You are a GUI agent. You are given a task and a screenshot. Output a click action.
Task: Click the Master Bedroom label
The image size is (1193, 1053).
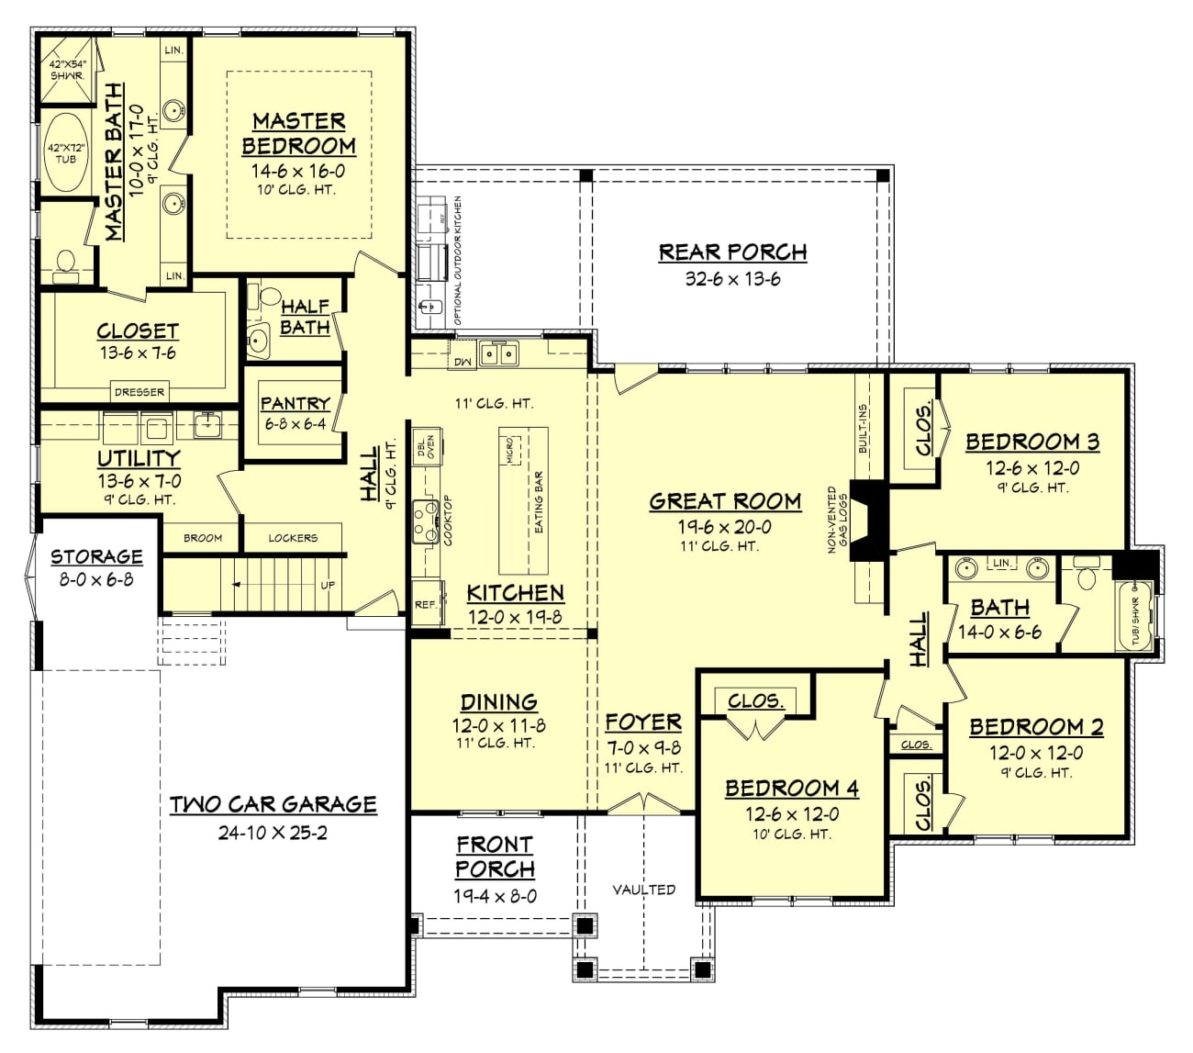298,133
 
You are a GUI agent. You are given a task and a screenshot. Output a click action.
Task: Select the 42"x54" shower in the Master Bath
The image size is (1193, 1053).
67,71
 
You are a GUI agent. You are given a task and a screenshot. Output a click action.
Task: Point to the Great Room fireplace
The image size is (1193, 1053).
866,521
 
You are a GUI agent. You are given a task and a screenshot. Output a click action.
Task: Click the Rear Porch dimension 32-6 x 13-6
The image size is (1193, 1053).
732,279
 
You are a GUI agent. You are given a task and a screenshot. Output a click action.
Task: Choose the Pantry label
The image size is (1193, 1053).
295,403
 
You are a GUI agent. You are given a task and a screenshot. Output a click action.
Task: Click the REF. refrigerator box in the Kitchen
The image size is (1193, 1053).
426,604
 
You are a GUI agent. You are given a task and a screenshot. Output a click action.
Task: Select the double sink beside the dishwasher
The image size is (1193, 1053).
499,353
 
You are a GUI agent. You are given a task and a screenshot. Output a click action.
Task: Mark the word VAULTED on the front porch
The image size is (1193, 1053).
644,889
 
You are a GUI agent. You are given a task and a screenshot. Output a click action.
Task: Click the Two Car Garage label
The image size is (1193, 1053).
273,804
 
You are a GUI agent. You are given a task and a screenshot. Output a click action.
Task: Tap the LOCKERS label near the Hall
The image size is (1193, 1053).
293,538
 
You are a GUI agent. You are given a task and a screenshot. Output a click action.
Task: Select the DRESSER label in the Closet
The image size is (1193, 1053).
139,392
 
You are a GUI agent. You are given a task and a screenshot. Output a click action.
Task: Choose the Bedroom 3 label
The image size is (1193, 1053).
1031,442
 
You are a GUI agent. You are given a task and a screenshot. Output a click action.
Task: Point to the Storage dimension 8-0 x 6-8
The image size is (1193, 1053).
96,579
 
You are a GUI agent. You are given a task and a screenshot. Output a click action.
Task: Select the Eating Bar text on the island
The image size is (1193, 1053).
539,503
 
